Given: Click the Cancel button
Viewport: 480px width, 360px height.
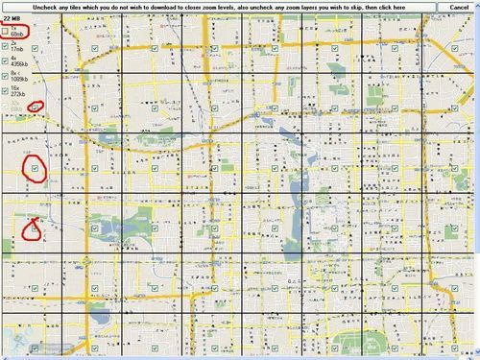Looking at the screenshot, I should tap(452, 7).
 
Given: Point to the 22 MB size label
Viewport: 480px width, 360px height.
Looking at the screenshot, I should tap(11, 17).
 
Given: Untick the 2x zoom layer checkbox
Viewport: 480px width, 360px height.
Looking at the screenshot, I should tap(6, 45).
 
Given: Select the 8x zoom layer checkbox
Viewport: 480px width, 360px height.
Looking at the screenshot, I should tap(6, 75).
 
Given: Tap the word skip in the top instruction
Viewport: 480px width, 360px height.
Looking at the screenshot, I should tap(367, 7).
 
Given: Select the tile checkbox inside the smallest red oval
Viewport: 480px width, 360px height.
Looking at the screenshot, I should tap(35, 108).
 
